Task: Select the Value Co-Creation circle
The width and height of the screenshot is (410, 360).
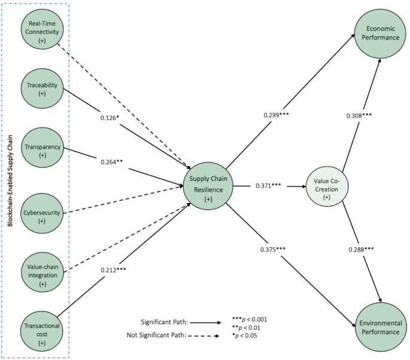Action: tap(327, 184)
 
